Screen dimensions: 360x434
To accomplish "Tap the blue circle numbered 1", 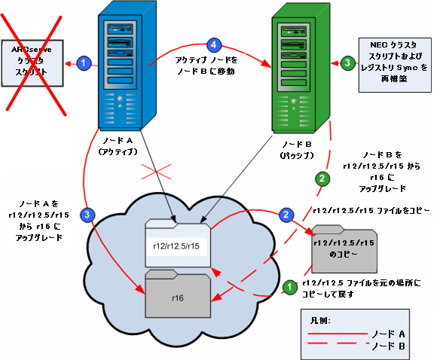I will click(84, 63).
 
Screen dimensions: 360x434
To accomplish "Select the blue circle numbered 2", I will click(286, 215).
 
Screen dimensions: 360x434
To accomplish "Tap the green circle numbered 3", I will click(347, 63).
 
